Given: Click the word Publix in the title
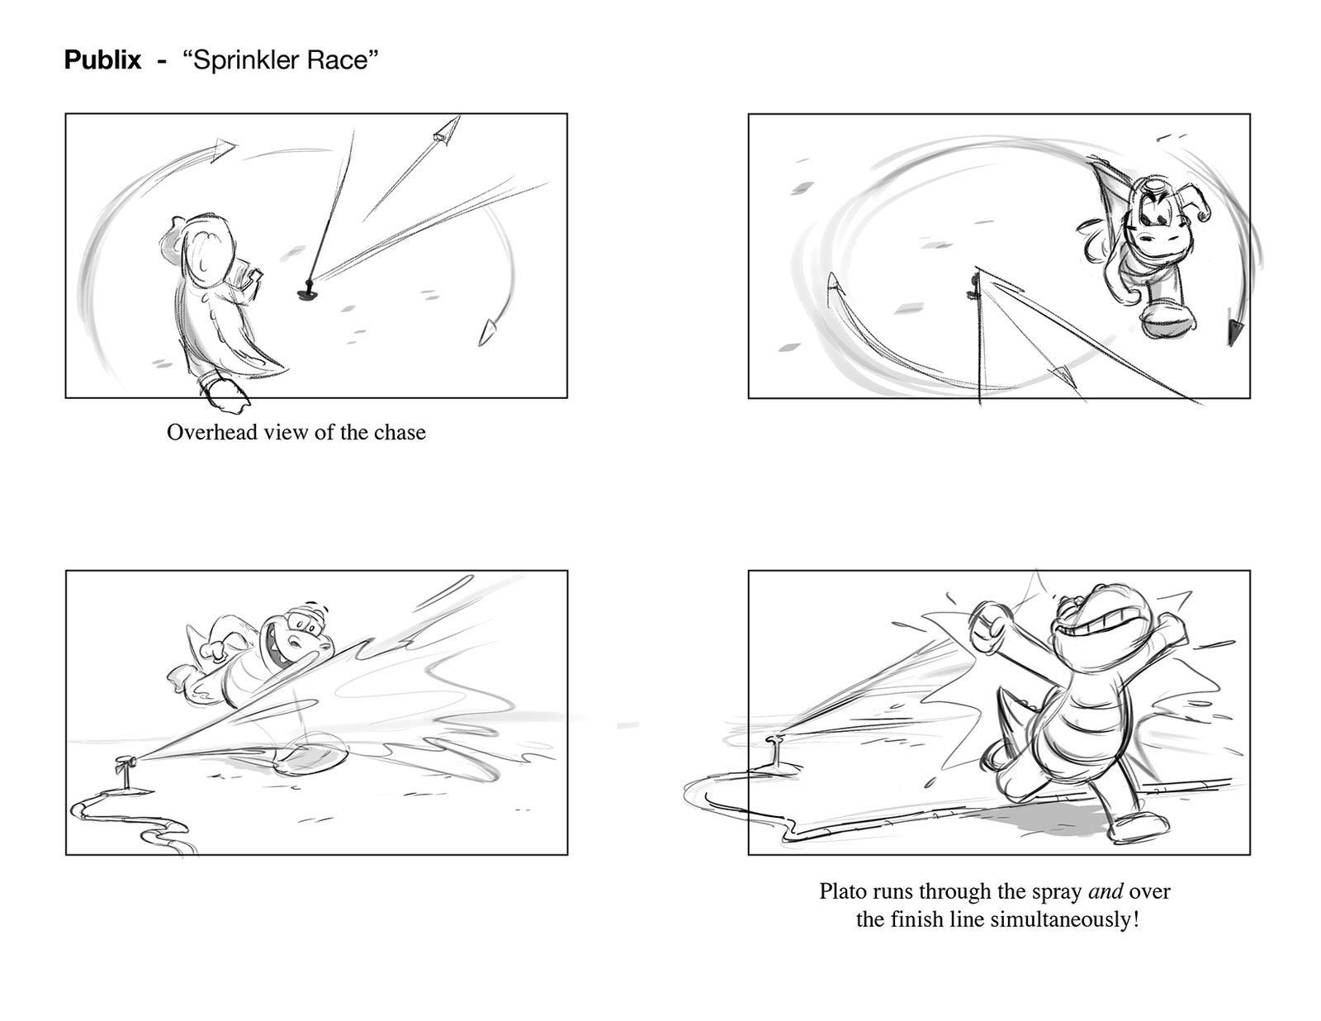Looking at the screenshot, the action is (x=102, y=60).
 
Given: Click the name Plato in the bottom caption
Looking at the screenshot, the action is (x=843, y=891).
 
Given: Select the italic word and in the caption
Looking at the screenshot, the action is (x=1105, y=891).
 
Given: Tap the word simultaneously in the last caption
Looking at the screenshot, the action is (x=1064, y=919).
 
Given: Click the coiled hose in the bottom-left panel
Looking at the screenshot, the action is (x=130, y=822).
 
